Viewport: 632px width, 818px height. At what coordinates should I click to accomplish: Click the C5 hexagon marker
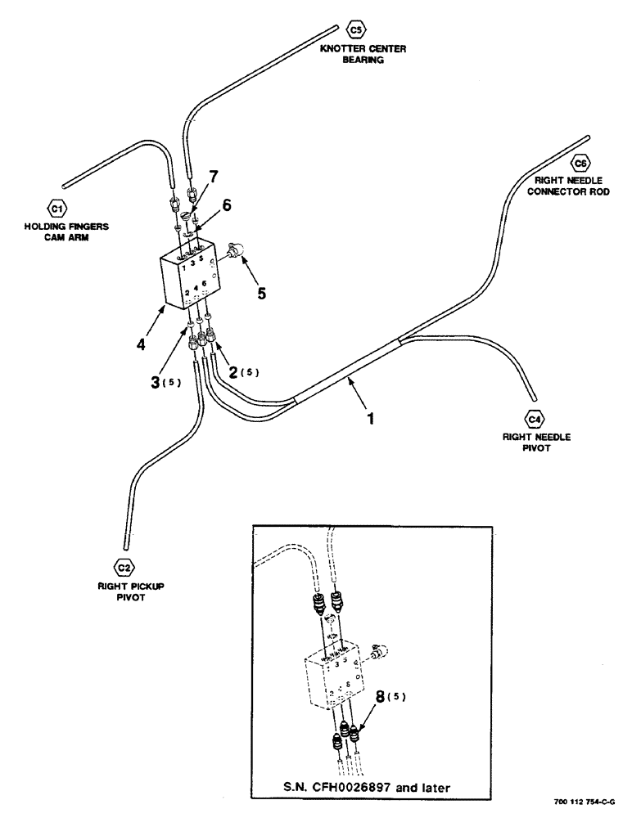[354, 30]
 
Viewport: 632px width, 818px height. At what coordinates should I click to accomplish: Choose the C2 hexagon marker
[123, 567]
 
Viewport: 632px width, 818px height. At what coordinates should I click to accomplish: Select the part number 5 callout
[261, 291]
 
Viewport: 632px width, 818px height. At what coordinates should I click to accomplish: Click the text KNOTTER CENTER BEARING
[363, 54]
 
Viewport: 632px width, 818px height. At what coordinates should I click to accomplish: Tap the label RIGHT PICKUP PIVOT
[124, 591]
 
